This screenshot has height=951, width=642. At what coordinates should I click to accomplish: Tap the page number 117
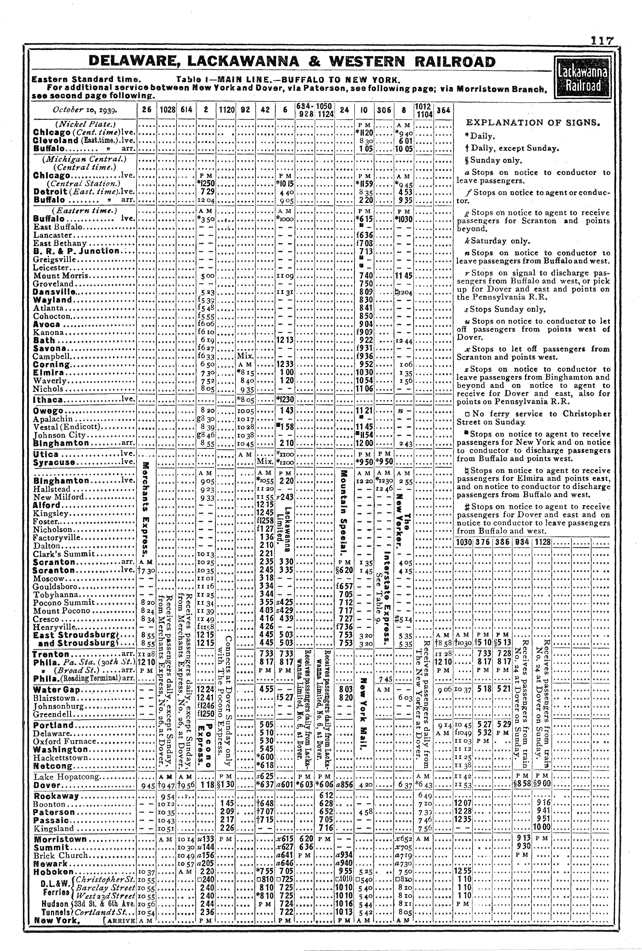pyautogui.click(x=602, y=41)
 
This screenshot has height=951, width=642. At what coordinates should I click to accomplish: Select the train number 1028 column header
pyautogui.click(x=167, y=110)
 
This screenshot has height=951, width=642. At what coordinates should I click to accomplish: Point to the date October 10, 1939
pyautogui.click(x=85, y=110)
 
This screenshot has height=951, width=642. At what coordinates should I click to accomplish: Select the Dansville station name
pyautogui.click(x=55, y=292)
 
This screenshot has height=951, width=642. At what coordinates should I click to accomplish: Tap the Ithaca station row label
pyautogui.click(x=48, y=400)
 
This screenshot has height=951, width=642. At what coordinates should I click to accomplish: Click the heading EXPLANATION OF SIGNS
pyautogui.click(x=533, y=122)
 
